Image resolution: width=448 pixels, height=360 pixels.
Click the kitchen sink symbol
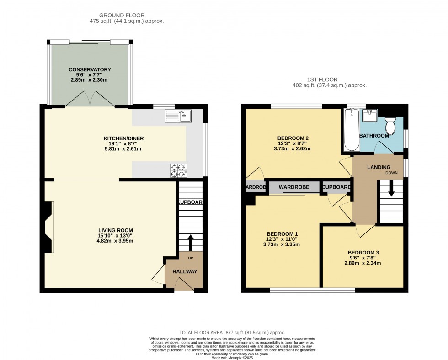(179, 116)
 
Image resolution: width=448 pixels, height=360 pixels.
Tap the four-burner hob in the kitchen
(179, 170)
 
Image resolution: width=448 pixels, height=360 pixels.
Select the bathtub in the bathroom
(352, 130)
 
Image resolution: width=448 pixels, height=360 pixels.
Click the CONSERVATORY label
(90, 69)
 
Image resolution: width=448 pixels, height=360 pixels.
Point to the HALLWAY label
(185, 271)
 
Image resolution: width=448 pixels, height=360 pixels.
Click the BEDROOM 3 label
(363, 253)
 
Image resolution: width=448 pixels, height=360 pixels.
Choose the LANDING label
(379, 167)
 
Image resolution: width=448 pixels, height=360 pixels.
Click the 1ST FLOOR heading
(329, 79)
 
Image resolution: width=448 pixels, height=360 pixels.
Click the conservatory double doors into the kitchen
(90, 98)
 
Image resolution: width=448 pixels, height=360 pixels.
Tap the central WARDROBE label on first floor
(294, 187)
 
